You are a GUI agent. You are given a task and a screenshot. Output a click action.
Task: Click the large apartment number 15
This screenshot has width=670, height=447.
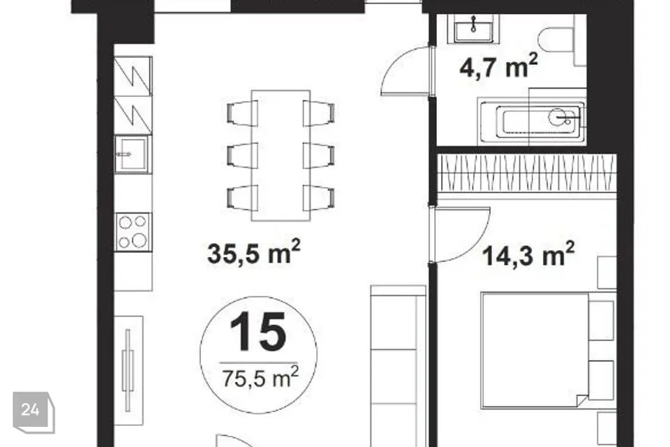coord(258,332)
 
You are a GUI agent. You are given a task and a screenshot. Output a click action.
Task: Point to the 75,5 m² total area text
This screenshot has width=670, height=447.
coord(260,377)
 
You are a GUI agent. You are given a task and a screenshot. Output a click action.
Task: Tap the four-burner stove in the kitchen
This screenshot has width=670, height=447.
coord(133,232)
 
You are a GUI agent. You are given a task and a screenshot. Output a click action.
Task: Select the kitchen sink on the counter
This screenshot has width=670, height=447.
coord(132,154)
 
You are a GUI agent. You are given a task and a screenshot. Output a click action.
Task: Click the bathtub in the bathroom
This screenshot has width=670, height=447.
coord(531,122)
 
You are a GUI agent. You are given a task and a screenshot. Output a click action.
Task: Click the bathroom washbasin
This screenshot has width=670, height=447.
coord(473,29)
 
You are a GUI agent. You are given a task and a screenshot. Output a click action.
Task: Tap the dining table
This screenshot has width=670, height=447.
coord(281,155)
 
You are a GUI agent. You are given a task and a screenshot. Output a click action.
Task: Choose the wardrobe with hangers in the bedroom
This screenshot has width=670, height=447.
coord(528,173)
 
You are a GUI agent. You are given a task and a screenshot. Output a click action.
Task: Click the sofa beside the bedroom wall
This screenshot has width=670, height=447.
coord(399,366)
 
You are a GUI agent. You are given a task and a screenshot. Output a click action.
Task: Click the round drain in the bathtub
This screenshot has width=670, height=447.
coord(558,117)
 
